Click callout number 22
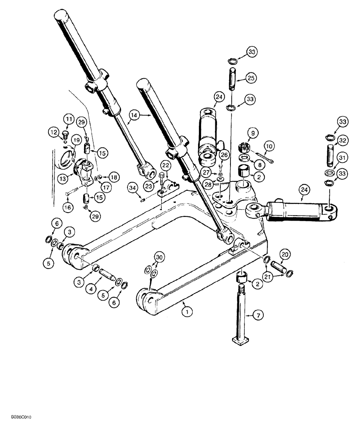click(166, 165)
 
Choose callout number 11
click(69, 117)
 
